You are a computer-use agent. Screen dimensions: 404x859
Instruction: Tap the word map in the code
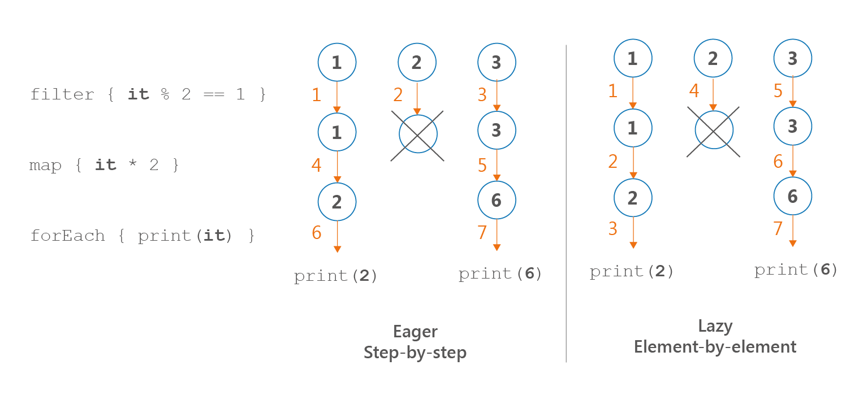pyautogui.click(x=45, y=165)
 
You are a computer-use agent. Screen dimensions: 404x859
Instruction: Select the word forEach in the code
pyautogui.click(x=67, y=235)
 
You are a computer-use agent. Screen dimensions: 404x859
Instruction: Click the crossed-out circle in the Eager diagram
pyautogui.click(x=418, y=134)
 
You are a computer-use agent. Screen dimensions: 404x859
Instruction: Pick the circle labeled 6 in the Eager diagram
pyautogui.click(x=497, y=200)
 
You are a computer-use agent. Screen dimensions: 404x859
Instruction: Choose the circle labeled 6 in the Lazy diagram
pyautogui.click(x=793, y=196)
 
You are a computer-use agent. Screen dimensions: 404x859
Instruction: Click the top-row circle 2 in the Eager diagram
pyautogui.click(x=417, y=62)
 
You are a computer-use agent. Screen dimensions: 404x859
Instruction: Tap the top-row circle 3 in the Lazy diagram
pyautogui.click(x=793, y=58)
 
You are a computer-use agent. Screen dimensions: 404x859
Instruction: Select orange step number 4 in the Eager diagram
pyautogui.click(x=316, y=166)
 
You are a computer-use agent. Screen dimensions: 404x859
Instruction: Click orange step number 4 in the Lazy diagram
pyautogui.click(x=694, y=90)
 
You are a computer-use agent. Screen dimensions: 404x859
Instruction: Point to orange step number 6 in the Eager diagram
pyautogui.click(x=316, y=232)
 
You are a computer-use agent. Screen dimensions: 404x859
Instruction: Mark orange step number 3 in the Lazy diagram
pyautogui.click(x=613, y=228)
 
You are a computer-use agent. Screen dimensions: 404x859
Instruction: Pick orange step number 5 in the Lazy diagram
pyautogui.click(x=778, y=91)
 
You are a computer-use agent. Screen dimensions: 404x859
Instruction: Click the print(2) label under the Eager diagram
pyautogui.click(x=335, y=276)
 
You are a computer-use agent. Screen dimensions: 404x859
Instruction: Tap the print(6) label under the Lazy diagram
pyautogui.click(x=796, y=270)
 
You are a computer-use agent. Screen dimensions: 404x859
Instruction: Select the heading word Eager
pyautogui.click(x=415, y=332)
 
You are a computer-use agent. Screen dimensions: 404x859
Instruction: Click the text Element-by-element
pyautogui.click(x=715, y=346)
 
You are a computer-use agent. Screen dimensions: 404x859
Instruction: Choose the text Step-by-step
pyautogui.click(x=415, y=353)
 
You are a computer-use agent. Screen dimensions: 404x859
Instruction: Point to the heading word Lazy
pyautogui.click(x=715, y=326)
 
